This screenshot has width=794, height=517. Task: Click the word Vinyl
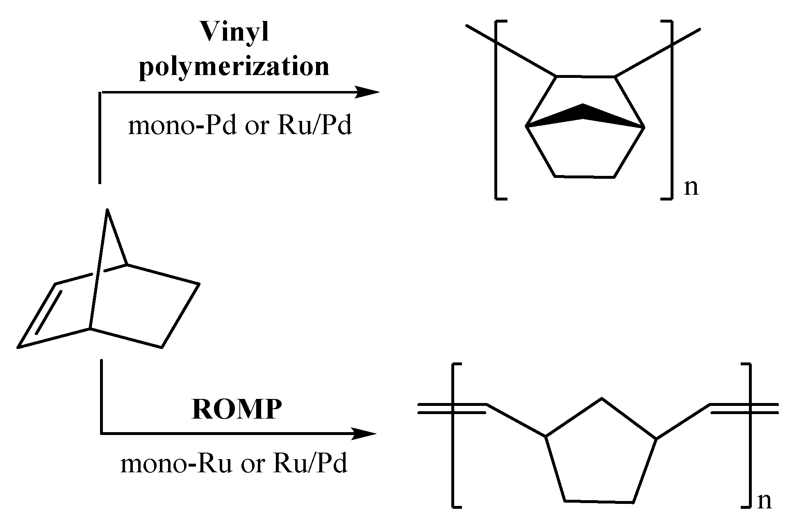point(234,32)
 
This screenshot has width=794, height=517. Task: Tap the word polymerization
point(234,66)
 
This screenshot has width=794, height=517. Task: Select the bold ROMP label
point(237,409)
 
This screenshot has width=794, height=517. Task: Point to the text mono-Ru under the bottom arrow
point(175,464)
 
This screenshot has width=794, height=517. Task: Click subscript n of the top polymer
point(691,188)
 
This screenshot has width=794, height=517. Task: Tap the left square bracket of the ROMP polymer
point(454,435)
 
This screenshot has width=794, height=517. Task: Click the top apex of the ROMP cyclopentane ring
point(601,398)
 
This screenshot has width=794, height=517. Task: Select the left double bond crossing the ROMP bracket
point(451,408)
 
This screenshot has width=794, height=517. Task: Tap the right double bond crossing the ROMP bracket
point(744,408)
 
